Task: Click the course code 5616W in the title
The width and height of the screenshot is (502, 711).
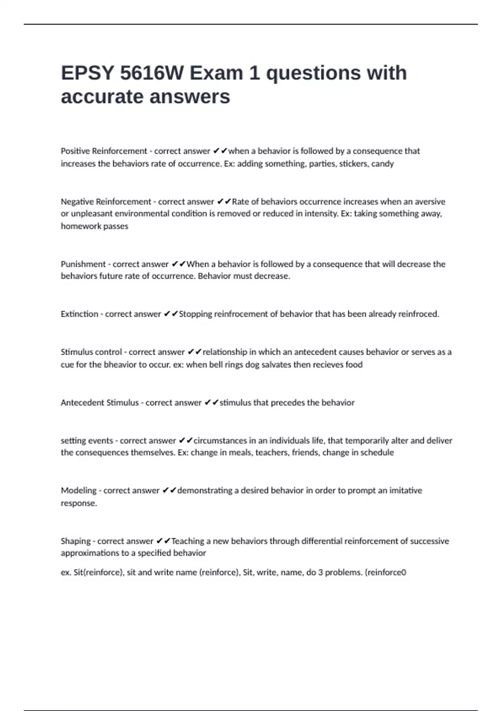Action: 151,73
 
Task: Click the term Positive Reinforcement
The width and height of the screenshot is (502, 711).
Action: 104,151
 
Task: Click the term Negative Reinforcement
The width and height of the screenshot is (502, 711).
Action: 106,202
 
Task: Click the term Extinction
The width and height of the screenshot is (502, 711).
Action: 79,314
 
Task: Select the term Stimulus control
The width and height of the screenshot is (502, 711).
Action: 91,352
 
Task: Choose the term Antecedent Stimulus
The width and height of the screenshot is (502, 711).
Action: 100,403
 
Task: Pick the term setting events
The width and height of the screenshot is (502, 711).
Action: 87,441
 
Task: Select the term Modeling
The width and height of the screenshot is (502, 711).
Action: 79,491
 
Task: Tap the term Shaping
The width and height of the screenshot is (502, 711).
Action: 76,541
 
